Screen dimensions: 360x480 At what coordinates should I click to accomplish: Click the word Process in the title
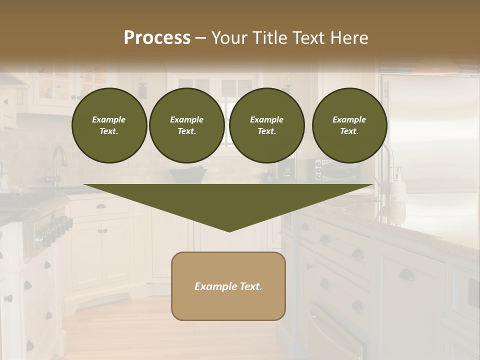[157, 37]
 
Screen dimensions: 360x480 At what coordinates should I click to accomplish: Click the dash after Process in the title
[200, 38]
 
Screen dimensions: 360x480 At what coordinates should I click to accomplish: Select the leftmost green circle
[109, 125]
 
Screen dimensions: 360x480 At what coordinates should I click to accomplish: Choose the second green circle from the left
[186, 125]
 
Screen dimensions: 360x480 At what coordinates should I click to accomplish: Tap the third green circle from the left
[266, 125]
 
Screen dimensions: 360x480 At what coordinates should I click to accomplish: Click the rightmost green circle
[349, 125]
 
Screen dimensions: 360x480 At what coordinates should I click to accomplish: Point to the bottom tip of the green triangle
[229, 231]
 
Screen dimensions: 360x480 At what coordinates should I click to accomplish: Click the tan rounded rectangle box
[228, 286]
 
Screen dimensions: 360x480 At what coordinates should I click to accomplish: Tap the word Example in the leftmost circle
[109, 119]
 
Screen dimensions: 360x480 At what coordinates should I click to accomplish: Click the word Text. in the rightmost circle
[349, 131]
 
